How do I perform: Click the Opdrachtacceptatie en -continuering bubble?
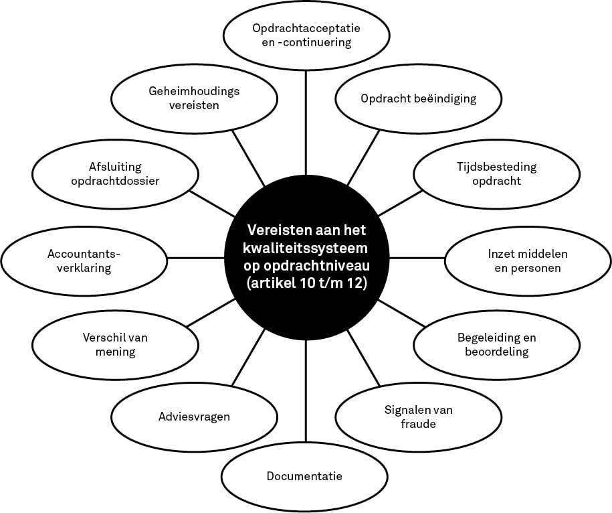pos(306,35)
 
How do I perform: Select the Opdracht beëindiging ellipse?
pos(419,98)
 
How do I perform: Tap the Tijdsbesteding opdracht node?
pos(496,174)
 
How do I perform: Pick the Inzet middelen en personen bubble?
pos(528,261)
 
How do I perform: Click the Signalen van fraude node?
pos(419,417)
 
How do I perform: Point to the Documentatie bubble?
pos(304,477)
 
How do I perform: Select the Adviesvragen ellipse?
pos(194,417)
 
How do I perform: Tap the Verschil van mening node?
pos(115,345)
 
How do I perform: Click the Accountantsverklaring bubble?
pos(84,261)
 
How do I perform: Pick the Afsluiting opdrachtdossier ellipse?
pos(115,174)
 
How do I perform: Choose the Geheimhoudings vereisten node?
pos(194,98)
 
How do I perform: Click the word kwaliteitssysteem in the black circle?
pos(305,248)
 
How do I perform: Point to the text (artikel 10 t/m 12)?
pos(307,284)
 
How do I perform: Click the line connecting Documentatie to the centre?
pos(306,392)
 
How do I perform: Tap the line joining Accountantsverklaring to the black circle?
pos(196,258)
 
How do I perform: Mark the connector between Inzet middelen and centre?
pos(417,258)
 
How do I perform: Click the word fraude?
pos(419,424)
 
